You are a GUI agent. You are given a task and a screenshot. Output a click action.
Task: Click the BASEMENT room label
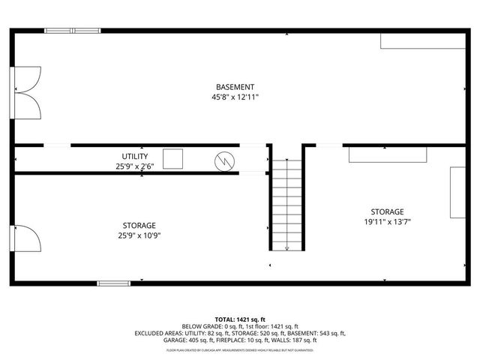[x=235, y=87]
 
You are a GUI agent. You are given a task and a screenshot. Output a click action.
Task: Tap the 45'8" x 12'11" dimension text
[x=235, y=97]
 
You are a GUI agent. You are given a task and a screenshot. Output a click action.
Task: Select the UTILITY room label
[x=135, y=156]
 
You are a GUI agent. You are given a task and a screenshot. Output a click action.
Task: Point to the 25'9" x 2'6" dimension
[x=135, y=166]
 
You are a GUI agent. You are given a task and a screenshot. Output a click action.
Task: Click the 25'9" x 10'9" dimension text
[x=139, y=235]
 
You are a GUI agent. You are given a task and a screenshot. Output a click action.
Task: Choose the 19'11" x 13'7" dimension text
[x=387, y=221]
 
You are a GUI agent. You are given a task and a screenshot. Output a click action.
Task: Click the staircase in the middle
[x=286, y=204]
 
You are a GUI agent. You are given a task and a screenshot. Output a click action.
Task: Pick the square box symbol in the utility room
[x=173, y=159]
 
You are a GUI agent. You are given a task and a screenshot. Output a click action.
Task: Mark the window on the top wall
[x=72, y=31]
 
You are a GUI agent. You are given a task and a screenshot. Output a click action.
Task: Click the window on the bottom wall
[x=113, y=283]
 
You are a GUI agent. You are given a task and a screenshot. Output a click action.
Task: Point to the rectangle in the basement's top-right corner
[x=424, y=40]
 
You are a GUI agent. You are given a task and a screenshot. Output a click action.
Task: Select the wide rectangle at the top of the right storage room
[x=388, y=154]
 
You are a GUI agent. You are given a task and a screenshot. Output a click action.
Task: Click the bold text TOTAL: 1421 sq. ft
[x=239, y=319]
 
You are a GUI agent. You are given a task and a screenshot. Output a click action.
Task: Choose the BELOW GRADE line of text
[x=239, y=327]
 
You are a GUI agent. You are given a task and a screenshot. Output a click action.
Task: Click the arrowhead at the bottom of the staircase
[x=286, y=248]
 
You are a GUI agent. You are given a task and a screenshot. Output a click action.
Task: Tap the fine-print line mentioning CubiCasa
[x=240, y=349]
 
